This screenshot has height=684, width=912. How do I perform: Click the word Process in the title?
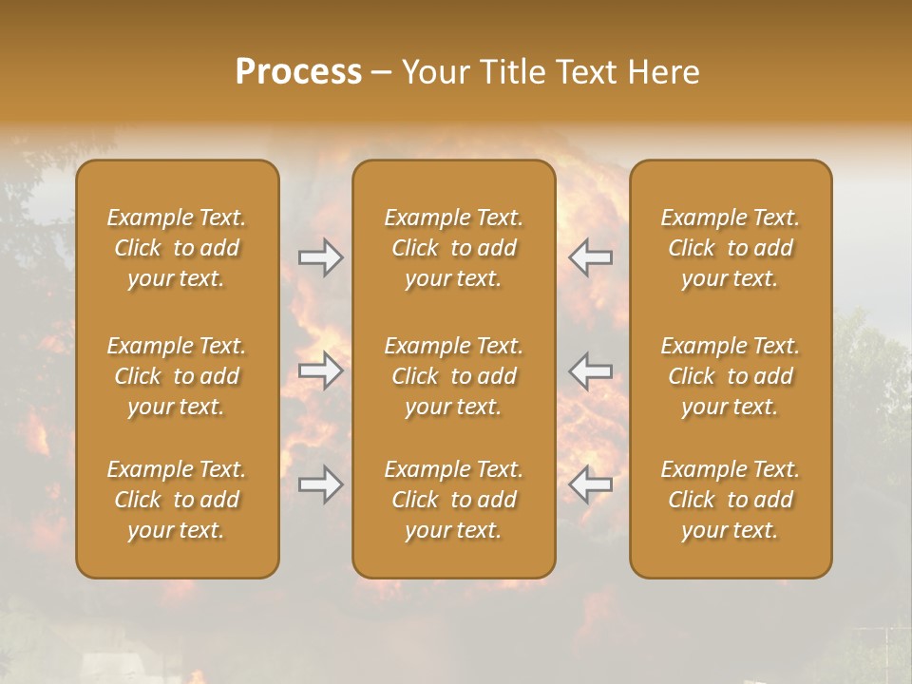[298, 72]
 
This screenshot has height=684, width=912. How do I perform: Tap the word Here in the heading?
[663, 72]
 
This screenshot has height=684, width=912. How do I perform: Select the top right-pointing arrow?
[321, 257]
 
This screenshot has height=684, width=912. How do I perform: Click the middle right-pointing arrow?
[321, 370]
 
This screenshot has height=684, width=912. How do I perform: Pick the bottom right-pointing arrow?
[321, 484]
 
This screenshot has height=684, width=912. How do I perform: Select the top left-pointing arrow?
[590, 257]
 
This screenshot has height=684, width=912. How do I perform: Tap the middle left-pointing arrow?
[590, 370]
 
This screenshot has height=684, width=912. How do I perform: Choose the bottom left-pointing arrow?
[590, 484]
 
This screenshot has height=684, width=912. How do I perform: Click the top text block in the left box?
[177, 248]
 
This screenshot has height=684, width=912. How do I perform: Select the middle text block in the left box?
[177, 376]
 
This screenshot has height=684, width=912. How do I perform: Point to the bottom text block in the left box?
[177, 500]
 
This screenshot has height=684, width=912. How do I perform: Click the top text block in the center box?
[453, 248]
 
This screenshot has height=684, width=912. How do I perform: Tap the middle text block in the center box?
[453, 376]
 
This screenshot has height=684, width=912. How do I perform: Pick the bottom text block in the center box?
[453, 500]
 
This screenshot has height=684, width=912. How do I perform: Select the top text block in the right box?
[730, 248]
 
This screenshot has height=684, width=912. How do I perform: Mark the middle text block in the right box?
[730, 376]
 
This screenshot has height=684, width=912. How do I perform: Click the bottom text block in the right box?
[730, 500]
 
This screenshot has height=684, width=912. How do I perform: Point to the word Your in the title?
[436, 72]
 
